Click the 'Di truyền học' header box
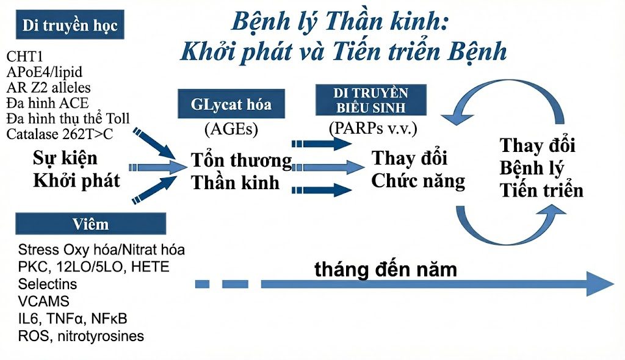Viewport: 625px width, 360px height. click(x=70, y=25)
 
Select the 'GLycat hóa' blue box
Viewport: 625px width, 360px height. click(x=231, y=104)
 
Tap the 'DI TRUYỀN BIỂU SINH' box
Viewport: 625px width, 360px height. click(x=371, y=99)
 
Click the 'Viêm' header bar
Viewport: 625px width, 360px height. click(x=90, y=224)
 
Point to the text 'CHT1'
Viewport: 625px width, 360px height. click(x=24, y=57)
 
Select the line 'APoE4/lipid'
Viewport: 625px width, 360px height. click(x=44, y=72)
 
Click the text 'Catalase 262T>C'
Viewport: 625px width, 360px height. click(x=59, y=134)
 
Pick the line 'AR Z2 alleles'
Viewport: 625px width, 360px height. click(x=48, y=87)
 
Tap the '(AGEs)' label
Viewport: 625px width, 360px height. click(x=231, y=129)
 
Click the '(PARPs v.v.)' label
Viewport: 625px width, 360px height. click(x=373, y=128)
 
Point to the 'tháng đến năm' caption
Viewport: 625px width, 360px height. click(x=386, y=270)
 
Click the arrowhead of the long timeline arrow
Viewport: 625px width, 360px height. click(x=600, y=284)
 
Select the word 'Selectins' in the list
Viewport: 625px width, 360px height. click(x=48, y=284)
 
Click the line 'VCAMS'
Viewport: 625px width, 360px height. click(x=43, y=301)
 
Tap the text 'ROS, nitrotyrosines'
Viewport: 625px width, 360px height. click(x=81, y=336)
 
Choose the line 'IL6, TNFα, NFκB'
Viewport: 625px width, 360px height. click(x=73, y=319)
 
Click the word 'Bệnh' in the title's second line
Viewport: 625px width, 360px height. click(x=477, y=51)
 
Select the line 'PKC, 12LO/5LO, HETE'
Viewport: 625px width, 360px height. click(x=93, y=267)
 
